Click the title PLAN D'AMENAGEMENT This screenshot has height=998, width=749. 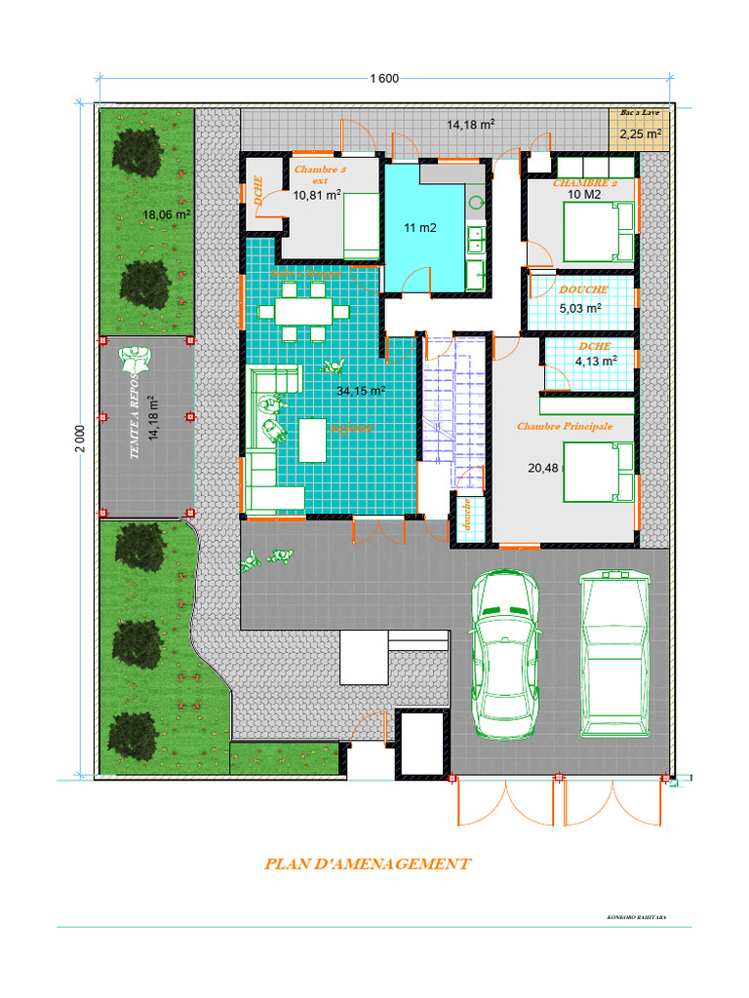point(368,864)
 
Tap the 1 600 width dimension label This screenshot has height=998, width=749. point(382,79)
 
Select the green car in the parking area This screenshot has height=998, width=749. point(504,654)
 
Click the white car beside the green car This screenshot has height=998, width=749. point(615,654)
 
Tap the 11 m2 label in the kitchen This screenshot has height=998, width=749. point(419,228)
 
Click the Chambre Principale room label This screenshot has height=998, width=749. point(564,426)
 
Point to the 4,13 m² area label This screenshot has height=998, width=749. point(595,361)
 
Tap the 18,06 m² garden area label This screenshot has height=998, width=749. point(167,214)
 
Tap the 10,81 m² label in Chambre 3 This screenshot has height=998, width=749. point(317,195)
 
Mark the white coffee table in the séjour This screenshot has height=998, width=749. point(313,440)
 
